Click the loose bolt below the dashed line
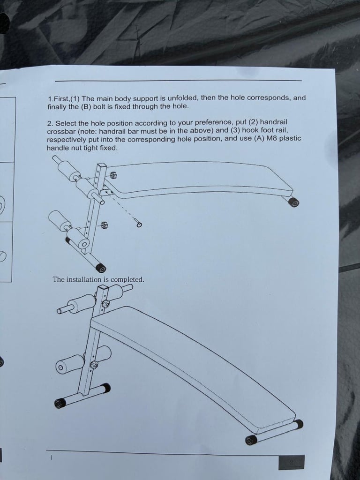(x=138, y=223)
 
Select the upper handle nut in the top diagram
(x=112, y=175)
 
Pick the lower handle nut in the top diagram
(x=104, y=225)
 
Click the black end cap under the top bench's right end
(x=294, y=202)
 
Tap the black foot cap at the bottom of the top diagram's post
(x=101, y=268)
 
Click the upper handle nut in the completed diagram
(x=105, y=304)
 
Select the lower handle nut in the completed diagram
(x=94, y=365)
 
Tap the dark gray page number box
(x=292, y=462)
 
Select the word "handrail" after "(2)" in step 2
(x=273, y=122)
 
